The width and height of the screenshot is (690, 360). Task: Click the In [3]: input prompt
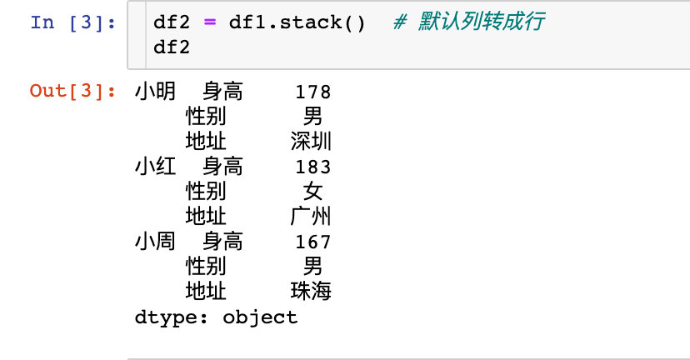(x=72, y=22)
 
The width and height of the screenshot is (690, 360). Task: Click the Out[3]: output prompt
(x=72, y=91)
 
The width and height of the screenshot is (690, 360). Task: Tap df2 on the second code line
(x=172, y=47)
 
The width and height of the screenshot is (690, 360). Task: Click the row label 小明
(x=155, y=92)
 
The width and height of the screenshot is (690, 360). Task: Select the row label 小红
(x=155, y=167)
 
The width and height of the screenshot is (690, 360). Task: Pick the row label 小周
(x=155, y=242)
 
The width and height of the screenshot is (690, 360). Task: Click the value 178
(x=312, y=92)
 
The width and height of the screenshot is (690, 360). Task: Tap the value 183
(x=312, y=167)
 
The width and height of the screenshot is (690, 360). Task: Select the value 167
(x=312, y=242)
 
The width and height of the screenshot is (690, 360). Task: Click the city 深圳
(x=311, y=142)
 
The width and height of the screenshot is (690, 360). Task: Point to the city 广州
(x=311, y=217)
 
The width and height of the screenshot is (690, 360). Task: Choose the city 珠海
(x=311, y=292)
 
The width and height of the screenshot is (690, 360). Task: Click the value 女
(x=312, y=192)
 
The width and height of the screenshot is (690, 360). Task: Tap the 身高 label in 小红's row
(x=222, y=167)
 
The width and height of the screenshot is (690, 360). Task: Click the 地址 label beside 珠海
(x=206, y=292)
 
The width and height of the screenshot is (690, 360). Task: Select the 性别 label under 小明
(x=206, y=117)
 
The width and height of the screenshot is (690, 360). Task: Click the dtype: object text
(x=215, y=317)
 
